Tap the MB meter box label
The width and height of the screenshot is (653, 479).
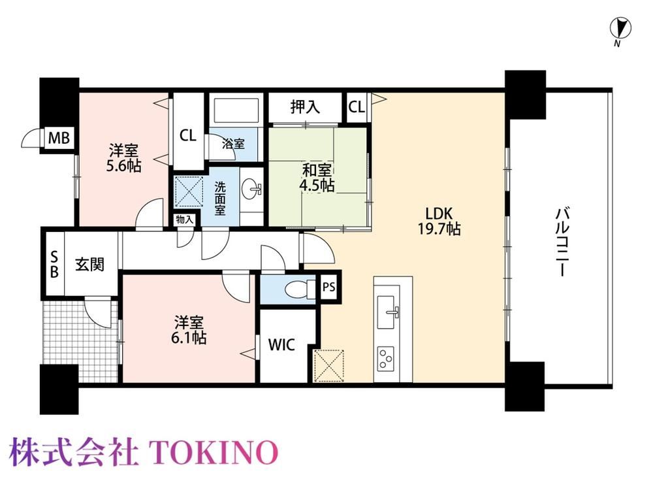[59, 137]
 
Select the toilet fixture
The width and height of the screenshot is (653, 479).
[300, 288]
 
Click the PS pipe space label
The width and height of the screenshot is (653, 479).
[329, 287]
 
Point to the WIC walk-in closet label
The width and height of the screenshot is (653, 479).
[281, 345]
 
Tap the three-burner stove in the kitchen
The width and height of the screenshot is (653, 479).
[386, 359]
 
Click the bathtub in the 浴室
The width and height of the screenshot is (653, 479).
[236, 110]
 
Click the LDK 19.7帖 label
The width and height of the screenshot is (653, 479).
[439, 222]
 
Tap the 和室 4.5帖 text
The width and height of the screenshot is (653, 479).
[317, 178]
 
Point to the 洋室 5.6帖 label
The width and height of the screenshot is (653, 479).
[123, 158]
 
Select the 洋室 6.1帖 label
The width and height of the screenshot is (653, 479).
[189, 330]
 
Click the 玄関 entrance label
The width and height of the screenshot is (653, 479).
[89, 264]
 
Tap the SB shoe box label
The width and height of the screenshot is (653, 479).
[54, 264]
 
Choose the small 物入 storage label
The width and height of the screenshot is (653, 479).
[185, 220]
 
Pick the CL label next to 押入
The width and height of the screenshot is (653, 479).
[357, 107]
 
